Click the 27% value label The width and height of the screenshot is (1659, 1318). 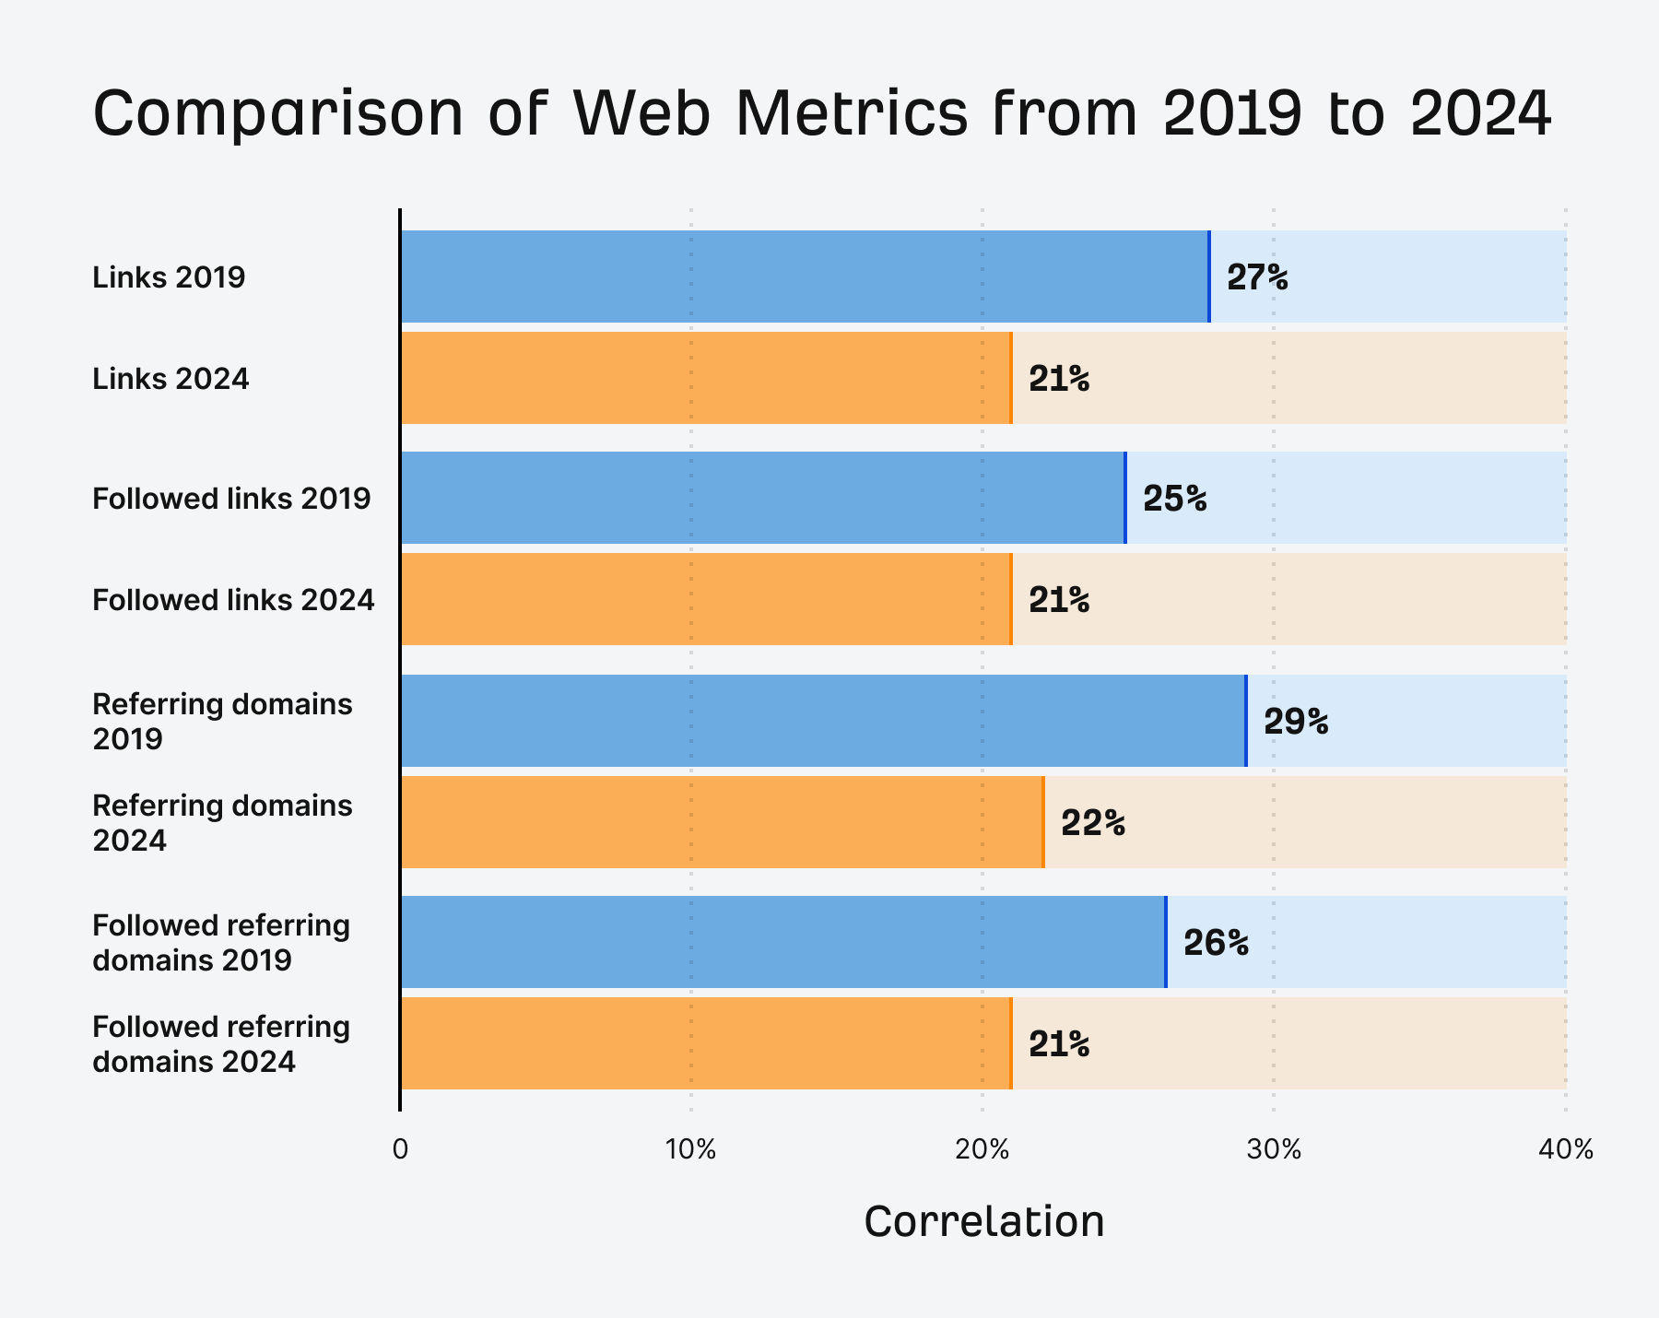pyautogui.click(x=1257, y=277)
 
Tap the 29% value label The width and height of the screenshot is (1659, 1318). pyautogui.click(x=1296, y=722)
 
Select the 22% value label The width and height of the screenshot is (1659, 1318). pyautogui.click(x=1093, y=823)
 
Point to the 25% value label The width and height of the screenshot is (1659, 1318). pyautogui.click(x=1174, y=499)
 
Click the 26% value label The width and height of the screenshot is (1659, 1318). pyautogui.click(x=1216, y=943)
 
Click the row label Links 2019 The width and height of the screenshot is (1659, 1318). pyautogui.click(x=169, y=277)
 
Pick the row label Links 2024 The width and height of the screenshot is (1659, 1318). pyautogui.click(x=171, y=379)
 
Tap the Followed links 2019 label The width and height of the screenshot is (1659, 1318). pyautogui.click(x=231, y=499)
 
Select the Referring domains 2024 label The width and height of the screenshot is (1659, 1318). pyautogui.click(x=222, y=822)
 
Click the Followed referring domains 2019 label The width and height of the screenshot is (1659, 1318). pyautogui.click(x=221, y=942)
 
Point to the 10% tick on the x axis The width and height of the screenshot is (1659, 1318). pyautogui.click(x=690, y=1149)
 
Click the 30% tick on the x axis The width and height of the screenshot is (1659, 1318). pyautogui.click(x=1274, y=1149)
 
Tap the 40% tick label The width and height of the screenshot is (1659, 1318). pyautogui.click(x=1565, y=1149)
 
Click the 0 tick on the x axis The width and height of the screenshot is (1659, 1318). pyautogui.click(x=400, y=1149)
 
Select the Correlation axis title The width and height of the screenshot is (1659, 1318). pyautogui.click(x=983, y=1222)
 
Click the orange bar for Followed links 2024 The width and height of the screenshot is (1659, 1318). pyautogui.click(x=706, y=599)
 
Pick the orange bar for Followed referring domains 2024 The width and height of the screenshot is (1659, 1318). pyautogui.click(x=706, y=1043)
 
